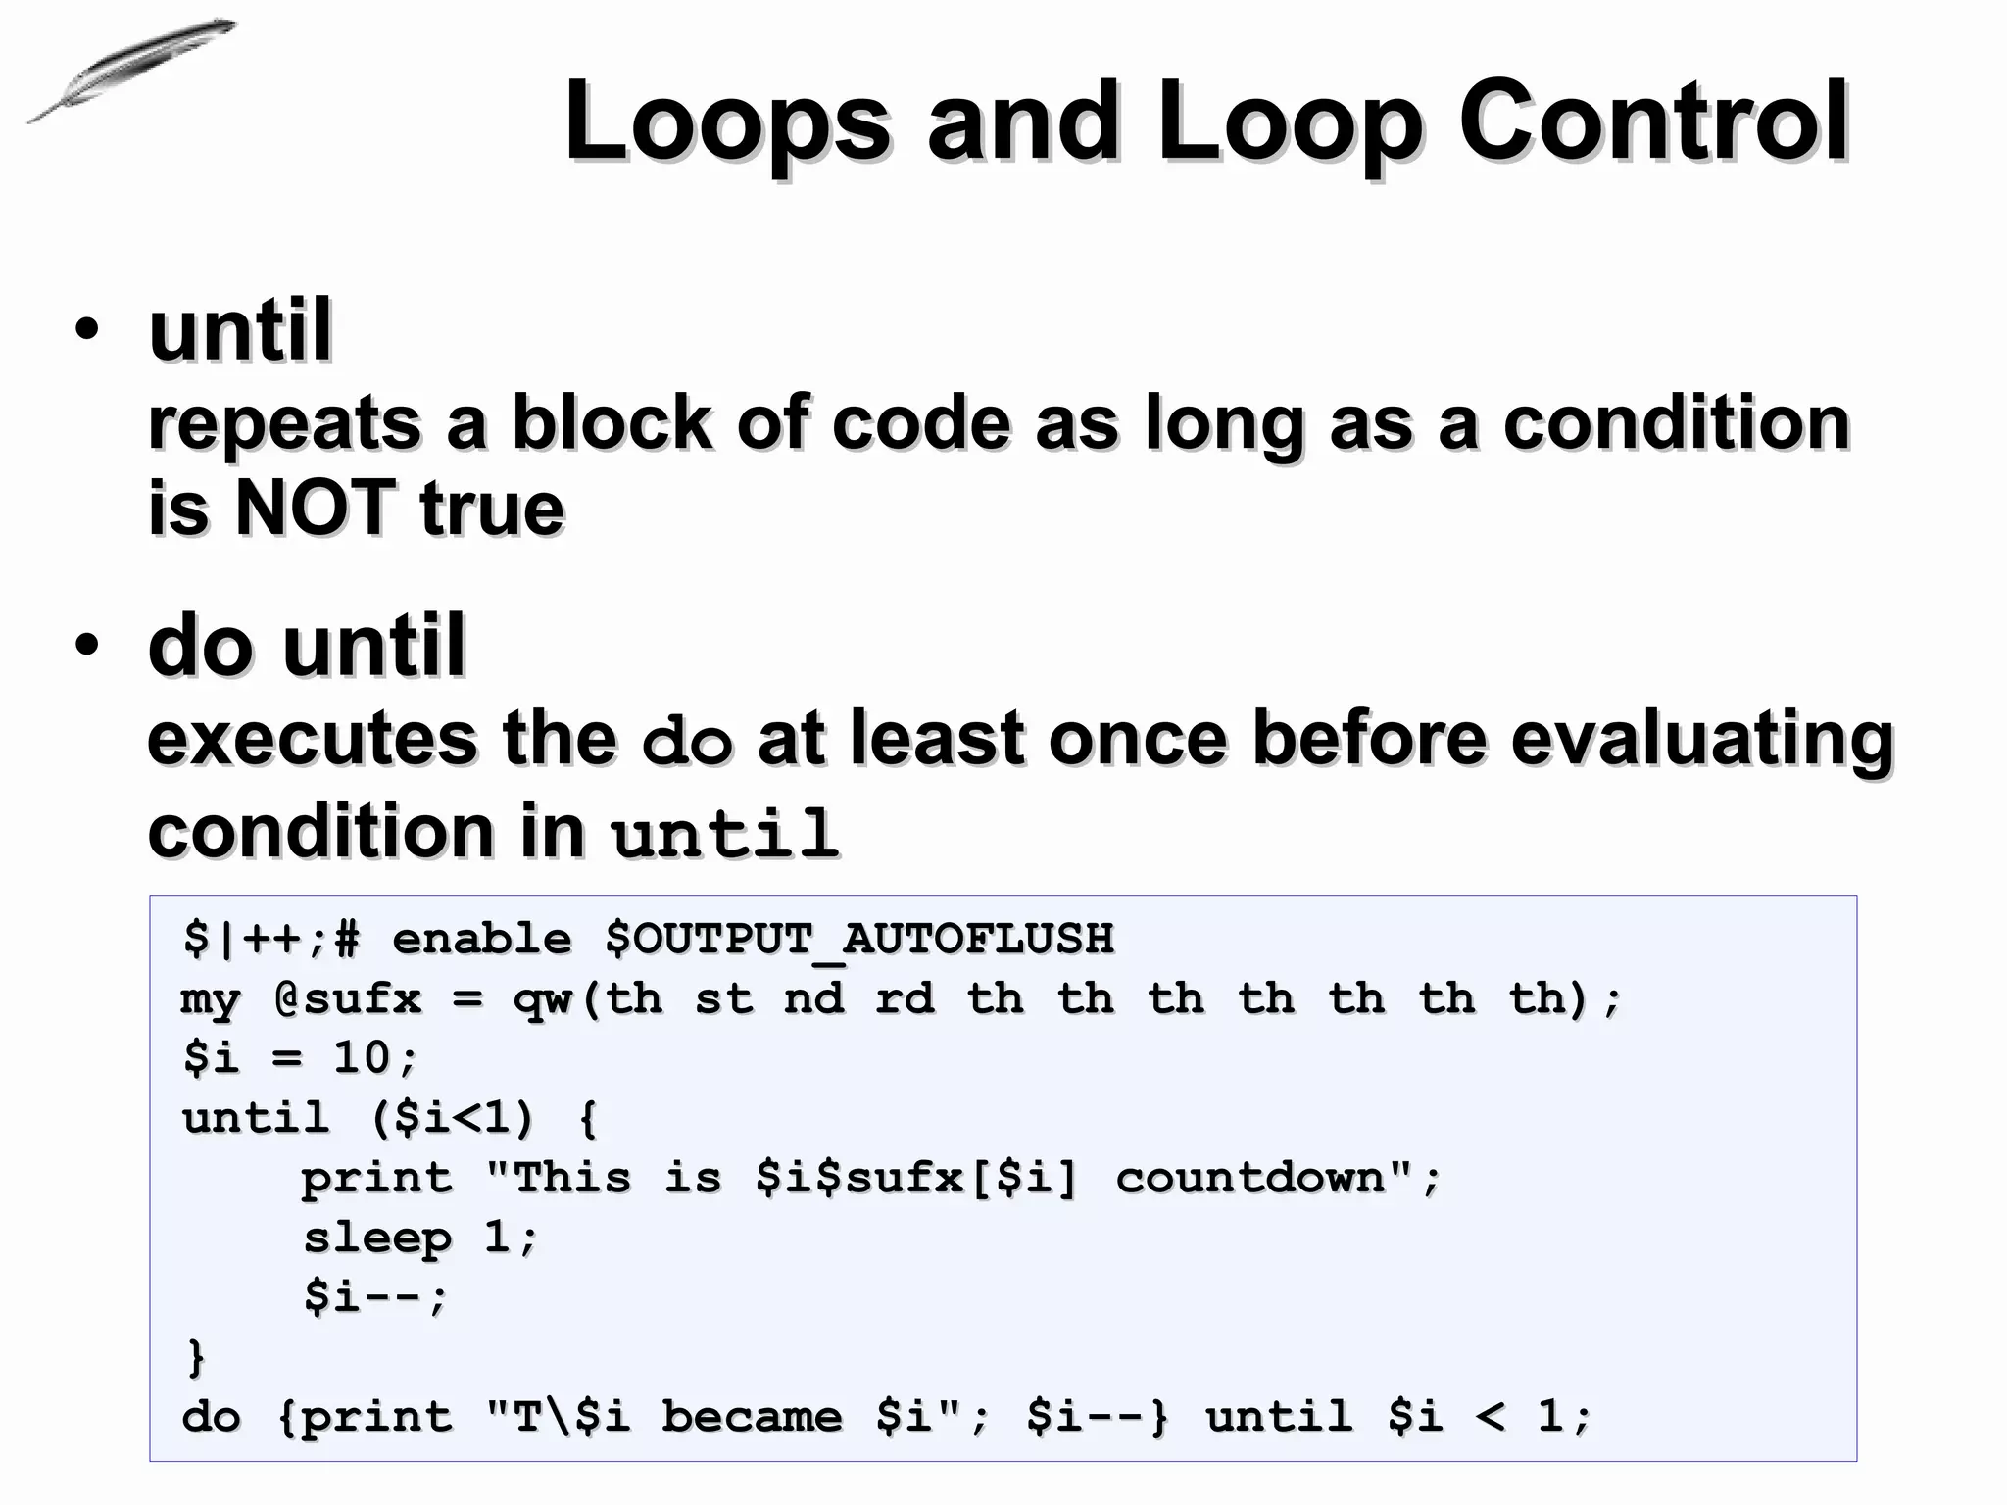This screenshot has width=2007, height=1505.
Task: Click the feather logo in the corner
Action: coord(132,70)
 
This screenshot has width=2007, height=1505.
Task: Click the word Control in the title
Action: coord(1653,121)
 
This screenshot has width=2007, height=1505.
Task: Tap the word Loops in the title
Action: coord(727,121)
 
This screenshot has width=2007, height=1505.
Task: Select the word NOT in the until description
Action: coord(315,508)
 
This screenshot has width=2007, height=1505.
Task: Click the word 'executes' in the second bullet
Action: coord(311,738)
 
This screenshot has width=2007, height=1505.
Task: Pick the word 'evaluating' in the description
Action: coord(1701,738)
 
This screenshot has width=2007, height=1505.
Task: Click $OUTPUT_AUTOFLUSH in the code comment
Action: coord(859,939)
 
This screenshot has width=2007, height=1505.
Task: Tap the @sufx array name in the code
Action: coord(348,998)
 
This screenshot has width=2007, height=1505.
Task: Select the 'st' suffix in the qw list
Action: coord(724,998)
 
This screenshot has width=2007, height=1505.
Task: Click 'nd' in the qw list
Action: coord(814,998)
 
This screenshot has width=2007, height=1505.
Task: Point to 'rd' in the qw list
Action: coord(905,998)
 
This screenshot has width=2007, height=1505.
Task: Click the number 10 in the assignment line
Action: coord(362,1058)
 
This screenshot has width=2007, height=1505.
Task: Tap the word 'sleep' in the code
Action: coord(377,1238)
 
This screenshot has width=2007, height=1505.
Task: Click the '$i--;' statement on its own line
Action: coord(375,1297)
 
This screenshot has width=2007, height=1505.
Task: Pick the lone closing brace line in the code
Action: coord(196,1357)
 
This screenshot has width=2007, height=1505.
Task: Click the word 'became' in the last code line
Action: coord(752,1417)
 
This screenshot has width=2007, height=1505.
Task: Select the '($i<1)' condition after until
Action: coord(454,1118)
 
